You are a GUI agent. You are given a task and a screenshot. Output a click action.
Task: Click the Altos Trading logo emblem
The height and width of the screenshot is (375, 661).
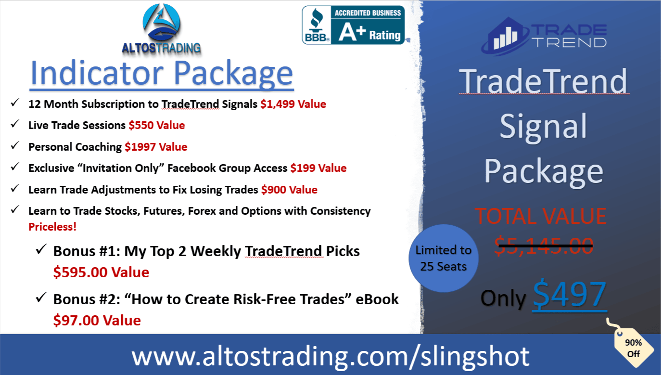[162, 23]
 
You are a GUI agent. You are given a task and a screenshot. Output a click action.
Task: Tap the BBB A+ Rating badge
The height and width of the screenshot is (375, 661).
[353, 25]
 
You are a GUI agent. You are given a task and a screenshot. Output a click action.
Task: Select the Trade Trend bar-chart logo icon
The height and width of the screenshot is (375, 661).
[505, 37]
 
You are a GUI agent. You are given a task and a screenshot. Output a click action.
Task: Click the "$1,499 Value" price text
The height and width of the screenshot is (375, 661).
[293, 104]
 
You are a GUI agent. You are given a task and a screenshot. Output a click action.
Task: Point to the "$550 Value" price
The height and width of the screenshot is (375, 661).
[157, 126]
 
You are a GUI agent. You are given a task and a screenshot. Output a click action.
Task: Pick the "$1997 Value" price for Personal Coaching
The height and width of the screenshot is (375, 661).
[156, 147]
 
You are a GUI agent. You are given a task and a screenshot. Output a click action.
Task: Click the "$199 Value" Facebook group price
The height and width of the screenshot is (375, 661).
[318, 168]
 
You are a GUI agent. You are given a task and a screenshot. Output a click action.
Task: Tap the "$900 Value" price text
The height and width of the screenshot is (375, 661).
[289, 190]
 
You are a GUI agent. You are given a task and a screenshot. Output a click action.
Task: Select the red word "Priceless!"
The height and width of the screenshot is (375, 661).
[52, 227]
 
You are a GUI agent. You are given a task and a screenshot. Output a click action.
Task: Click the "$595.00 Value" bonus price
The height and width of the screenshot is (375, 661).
[101, 272]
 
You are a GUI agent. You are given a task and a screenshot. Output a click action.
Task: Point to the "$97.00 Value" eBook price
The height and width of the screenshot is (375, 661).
[97, 321]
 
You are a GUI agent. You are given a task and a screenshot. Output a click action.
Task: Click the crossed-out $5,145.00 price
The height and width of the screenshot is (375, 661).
[544, 246]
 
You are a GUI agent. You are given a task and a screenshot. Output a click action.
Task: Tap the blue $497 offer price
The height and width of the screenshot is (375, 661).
[570, 295]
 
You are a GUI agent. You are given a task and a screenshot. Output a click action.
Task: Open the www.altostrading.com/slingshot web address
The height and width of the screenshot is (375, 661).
[330, 356]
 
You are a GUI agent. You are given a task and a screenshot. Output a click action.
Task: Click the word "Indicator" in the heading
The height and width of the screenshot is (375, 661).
[97, 73]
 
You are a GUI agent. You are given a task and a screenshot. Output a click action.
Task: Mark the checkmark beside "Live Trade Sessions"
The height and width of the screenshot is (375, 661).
[15, 124]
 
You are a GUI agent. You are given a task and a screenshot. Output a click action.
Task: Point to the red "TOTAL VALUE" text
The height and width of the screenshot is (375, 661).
[541, 216]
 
